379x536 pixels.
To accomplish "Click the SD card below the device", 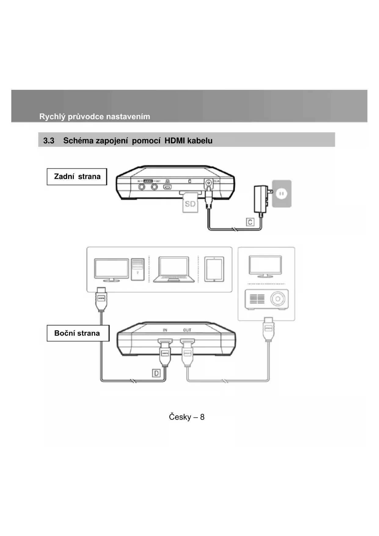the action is click(190, 204).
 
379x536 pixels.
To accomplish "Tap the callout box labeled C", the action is click(250, 222).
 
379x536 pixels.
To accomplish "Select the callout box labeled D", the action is click(156, 373).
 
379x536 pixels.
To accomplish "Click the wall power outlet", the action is click(282, 193).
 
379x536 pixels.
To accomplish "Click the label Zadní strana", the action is click(77, 177).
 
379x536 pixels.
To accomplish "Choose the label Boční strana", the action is click(78, 333).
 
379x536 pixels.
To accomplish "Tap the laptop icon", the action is click(173, 270).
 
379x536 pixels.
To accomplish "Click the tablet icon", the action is click(214, 269).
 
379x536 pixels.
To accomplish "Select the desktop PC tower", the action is click(137, 269).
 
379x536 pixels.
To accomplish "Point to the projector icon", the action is click(266, 299).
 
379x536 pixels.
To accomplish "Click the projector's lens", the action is click(278, 299).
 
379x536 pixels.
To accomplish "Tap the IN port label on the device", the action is click(165, 330).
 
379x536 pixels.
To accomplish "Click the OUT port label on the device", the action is click(187, 330).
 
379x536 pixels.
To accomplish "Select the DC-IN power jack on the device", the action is click(208, 183).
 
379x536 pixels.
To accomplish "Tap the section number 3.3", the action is click(49, 141).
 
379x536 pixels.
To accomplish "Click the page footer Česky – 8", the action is click(187, 417).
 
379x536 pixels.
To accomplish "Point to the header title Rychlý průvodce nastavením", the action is click(95, 116).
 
